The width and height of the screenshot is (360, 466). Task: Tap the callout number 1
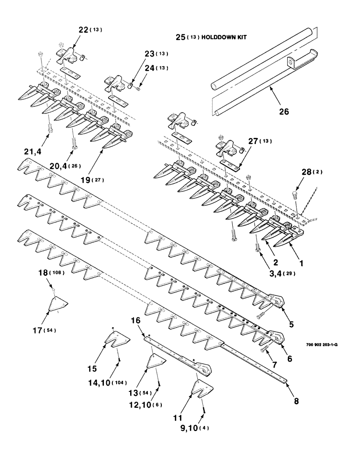point(301,263)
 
